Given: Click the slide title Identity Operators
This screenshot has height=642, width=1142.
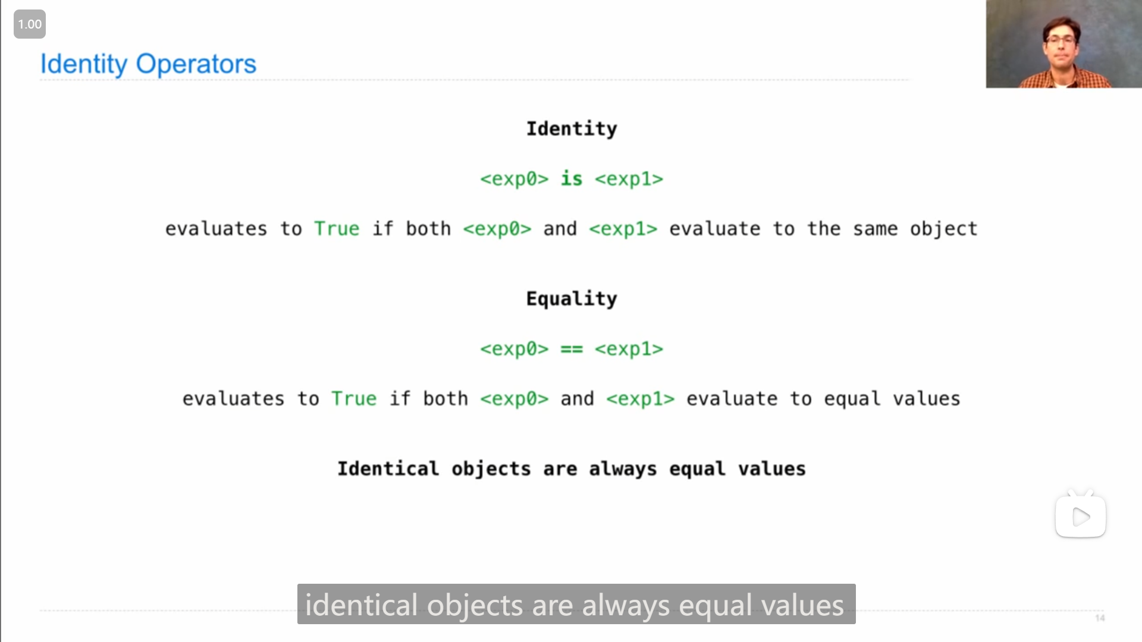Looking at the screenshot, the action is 148,64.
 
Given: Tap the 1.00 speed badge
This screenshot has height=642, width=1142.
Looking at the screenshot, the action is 30,24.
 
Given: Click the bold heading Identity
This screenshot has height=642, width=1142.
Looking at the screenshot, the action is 572,129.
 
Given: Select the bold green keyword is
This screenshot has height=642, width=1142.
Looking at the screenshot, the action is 572,178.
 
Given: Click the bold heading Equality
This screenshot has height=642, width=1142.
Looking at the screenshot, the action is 572,299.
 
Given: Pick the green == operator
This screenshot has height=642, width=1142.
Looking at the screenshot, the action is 572,349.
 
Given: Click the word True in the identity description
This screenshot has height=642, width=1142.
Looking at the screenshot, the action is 337,229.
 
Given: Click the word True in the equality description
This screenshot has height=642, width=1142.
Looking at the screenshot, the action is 354,399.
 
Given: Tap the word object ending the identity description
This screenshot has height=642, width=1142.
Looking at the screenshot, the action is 944,229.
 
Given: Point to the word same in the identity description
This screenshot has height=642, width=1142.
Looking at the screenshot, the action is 876,229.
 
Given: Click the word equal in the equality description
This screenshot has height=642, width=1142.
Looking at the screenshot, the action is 852,399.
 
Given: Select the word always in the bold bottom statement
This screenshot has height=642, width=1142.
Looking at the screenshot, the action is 623,469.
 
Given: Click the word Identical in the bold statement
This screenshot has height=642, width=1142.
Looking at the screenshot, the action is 388,468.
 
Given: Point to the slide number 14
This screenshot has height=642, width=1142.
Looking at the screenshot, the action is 1100,618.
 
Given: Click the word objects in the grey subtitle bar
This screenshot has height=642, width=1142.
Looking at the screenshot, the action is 475,606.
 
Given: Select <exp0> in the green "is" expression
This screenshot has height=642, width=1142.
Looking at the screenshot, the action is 514,179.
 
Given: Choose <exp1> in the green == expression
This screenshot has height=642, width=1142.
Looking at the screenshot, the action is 629,349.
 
